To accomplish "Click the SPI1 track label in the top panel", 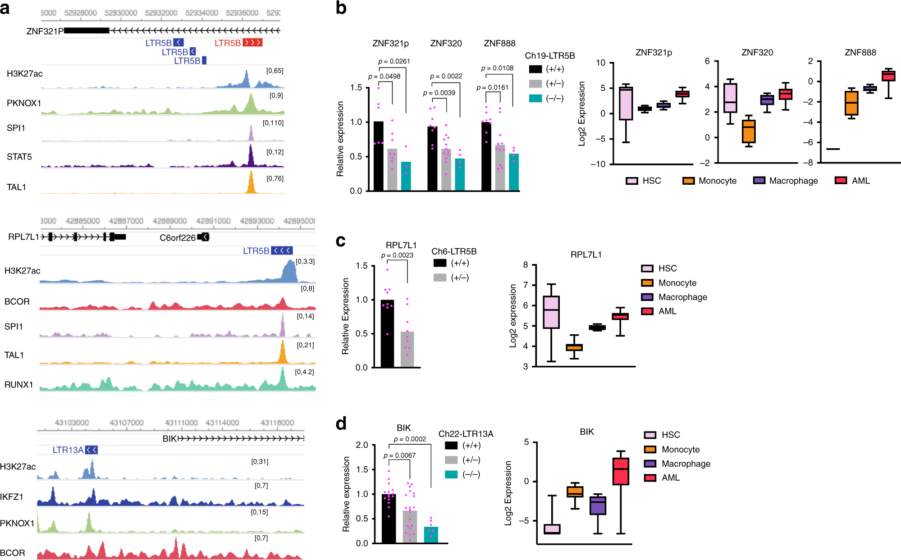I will [16, 128].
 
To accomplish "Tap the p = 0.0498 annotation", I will [384, 77].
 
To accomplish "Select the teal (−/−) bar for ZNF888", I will [514, 173].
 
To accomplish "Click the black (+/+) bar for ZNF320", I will [432, 159].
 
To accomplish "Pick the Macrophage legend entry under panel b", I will [785, 181].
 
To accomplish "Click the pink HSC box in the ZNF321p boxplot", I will [626, 104].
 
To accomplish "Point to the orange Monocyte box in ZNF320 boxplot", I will [749, 131].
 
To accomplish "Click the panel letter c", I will [341, 241].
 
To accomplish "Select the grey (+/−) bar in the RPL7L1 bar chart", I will [407, 350].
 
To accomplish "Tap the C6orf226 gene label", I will [178, 238].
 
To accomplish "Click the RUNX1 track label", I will [18, 385].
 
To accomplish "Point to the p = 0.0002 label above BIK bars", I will [410, 439].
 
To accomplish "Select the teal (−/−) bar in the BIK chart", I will [431, 535].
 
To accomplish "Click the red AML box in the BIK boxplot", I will [621, 471].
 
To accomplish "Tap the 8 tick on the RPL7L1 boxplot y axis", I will [526, 265].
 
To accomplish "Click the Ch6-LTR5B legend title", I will [454, 251].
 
